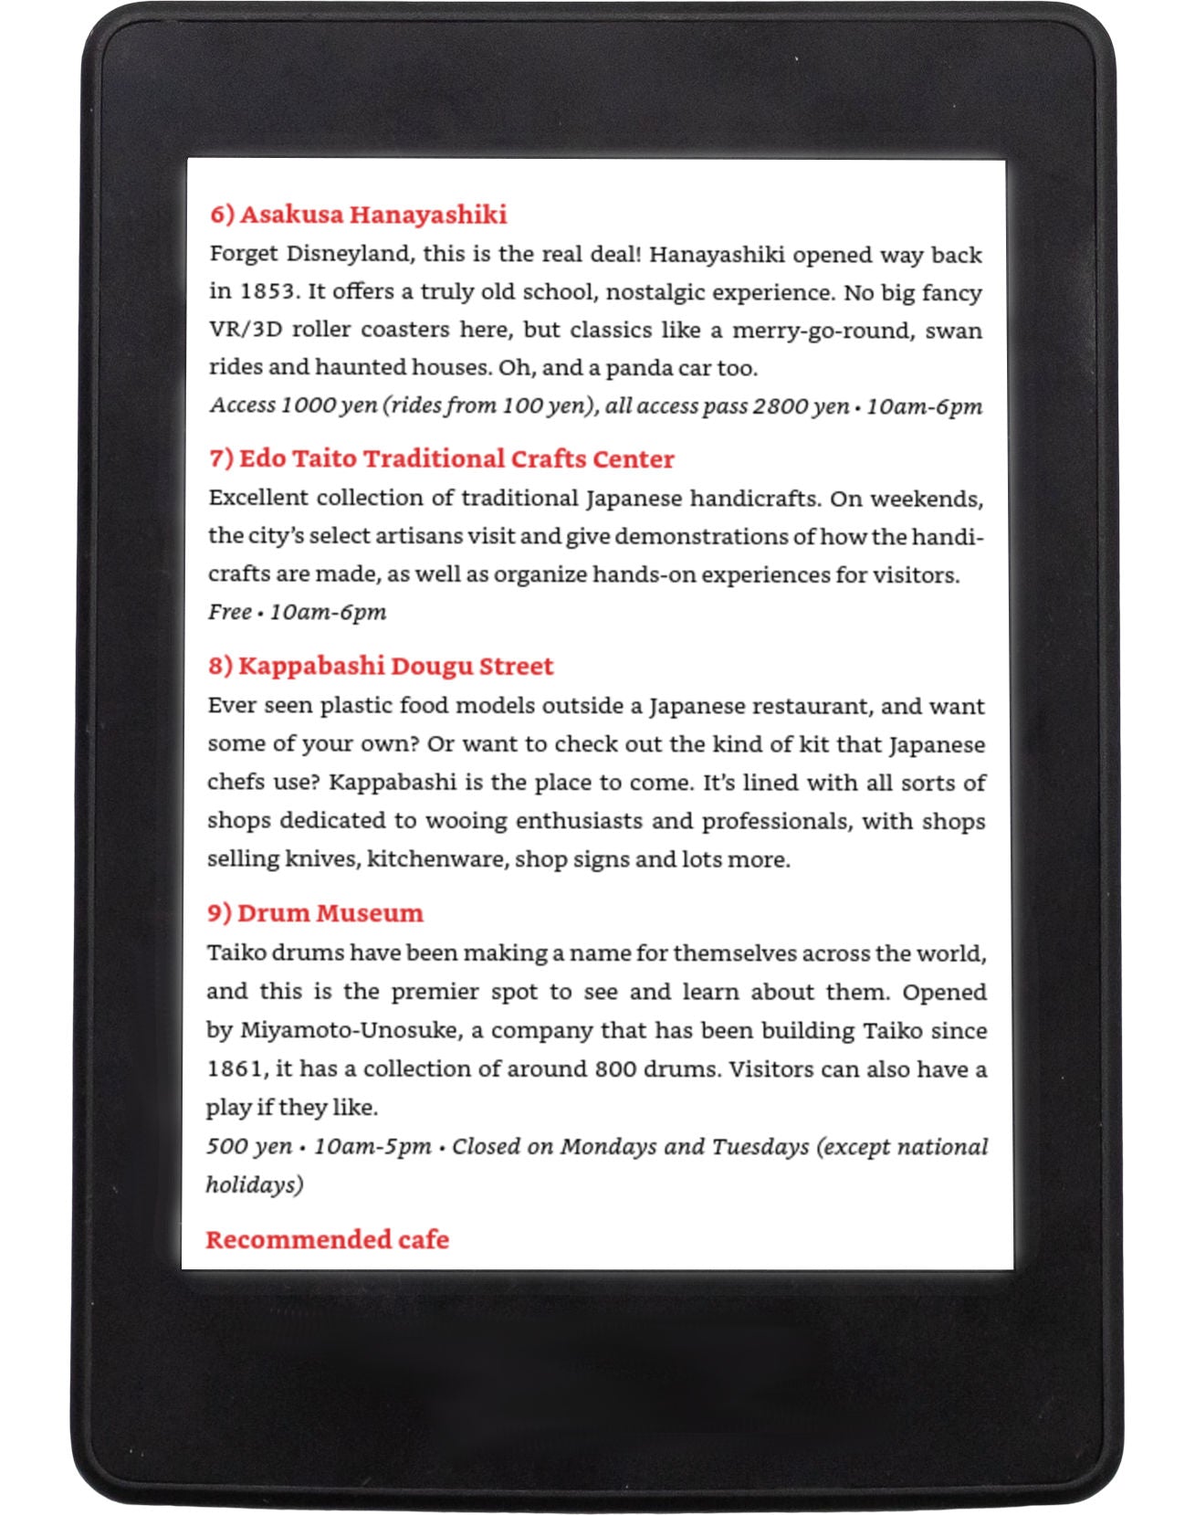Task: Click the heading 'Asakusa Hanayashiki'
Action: (x=358, y=215)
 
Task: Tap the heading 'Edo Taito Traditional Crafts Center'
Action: (x=442, y=458)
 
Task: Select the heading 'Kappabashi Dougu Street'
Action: (x=381, y=666)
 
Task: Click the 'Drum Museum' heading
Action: (x=315, y=913)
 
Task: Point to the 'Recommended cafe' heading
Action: (x=327, y=1239)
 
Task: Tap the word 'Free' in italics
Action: (x=229, y=612)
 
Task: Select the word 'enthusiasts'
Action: (x=579, y=821)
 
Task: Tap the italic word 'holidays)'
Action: (x=254, y=1185)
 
